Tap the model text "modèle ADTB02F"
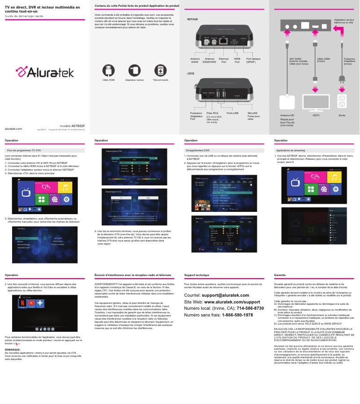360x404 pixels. click(x=72, y=126)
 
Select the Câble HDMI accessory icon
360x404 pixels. click(x=108, y=70)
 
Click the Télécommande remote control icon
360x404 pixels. click(x=160, y=70)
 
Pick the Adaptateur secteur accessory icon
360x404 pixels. click(x=134, y=70)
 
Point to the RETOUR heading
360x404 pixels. click(x=192, y=20)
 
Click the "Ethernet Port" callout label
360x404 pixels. click(x=224, y=60)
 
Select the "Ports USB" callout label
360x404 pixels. click(x=233, y=113)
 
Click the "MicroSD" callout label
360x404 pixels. click(x=252, y=113)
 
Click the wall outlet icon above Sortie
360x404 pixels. click(x=342, y=101)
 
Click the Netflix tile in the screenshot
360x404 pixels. click(x=23, y=303)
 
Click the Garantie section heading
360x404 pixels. click(x=280, y=275)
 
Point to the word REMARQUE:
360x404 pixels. click(x=12, y=349)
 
